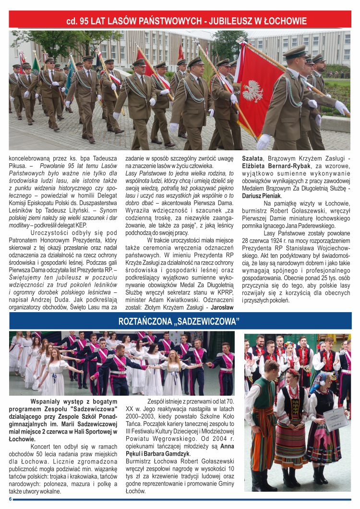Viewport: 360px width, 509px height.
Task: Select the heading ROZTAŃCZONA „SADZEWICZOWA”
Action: pos(180,321)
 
